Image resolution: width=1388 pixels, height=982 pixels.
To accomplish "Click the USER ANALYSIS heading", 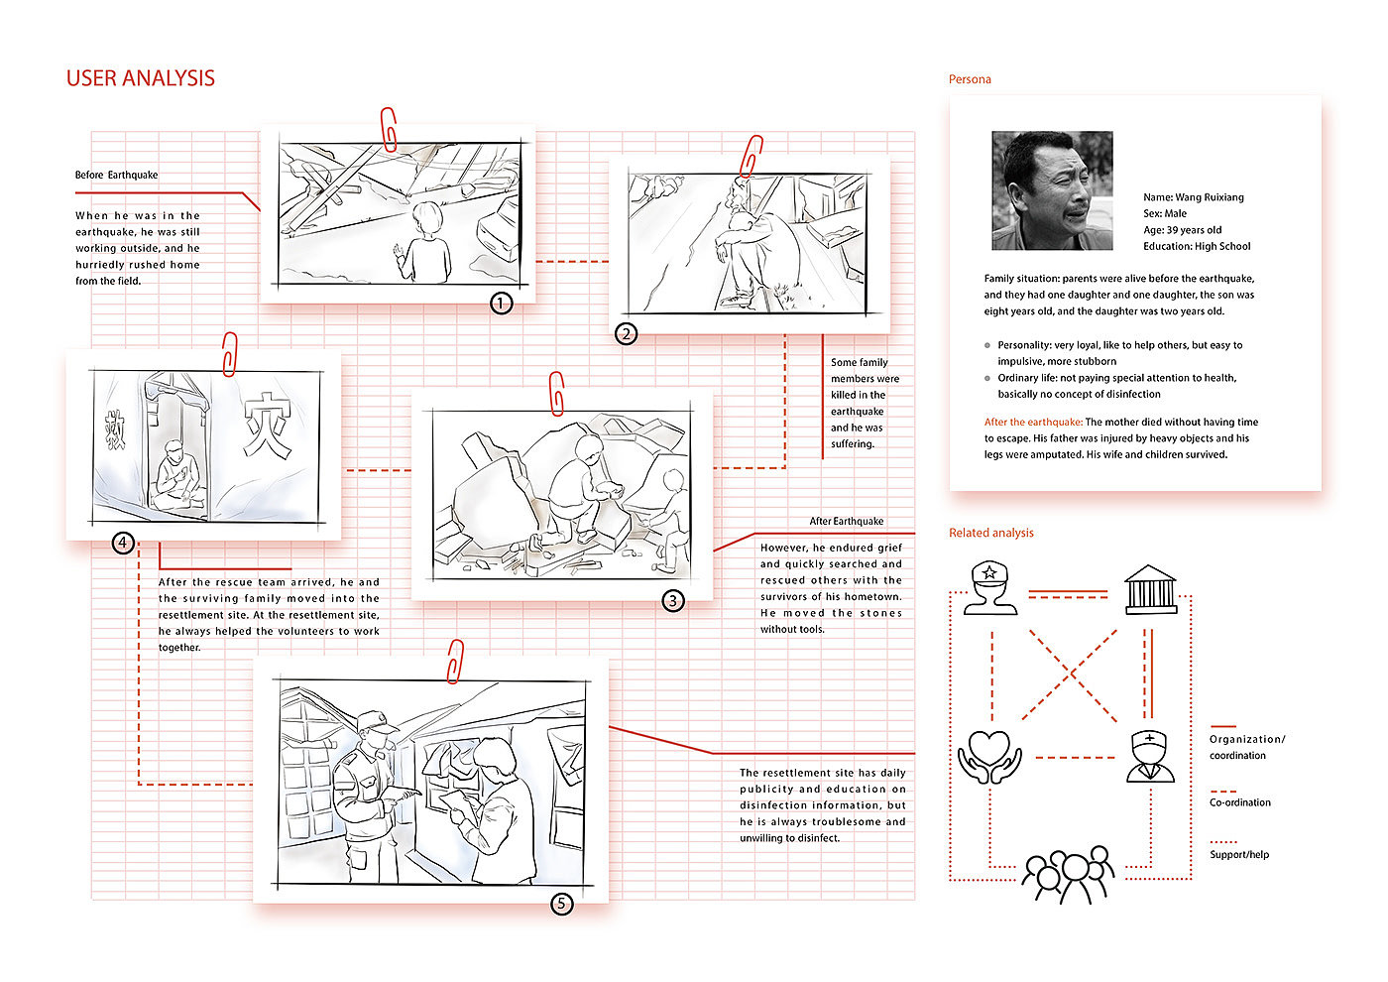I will tap(140, 78).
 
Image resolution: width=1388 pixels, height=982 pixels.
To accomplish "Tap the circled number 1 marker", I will tap(502, 303).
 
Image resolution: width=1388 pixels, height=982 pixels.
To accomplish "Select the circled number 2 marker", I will tap(626, 333).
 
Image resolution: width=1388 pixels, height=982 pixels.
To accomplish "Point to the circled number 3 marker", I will tap(673, 600).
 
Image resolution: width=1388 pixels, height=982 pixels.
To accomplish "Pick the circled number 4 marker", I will tap(123, 543).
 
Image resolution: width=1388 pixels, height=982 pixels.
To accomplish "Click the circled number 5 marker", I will tap(561, 903).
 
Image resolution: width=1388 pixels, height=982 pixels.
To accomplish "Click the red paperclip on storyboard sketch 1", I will tap(389, 129).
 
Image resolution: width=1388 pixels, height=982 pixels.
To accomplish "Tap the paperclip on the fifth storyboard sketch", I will tap(455, 661).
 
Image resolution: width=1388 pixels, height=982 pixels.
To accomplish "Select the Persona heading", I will tap(970, 79).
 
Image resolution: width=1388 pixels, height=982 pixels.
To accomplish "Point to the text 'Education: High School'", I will tap(1197, 246).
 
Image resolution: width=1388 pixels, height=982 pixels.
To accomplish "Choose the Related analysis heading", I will tap(990, 533).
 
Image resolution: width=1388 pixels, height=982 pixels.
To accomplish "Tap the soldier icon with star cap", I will tap(990, 587).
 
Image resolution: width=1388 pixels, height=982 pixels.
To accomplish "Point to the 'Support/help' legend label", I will tap(1238, 854).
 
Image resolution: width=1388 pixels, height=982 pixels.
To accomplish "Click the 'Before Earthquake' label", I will tap(116, 175).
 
